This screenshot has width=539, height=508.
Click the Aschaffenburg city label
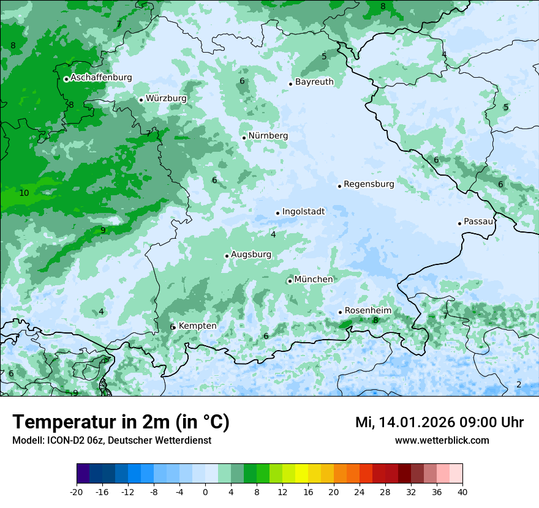point(101,78)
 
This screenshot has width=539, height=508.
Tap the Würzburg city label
point(166,98)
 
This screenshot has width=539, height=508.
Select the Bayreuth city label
point(314,82)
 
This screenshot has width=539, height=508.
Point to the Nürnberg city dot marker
point(244,138)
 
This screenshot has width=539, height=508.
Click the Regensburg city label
point(369,184)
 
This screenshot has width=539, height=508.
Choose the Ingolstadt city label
point(303,212)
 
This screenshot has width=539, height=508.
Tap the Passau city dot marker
point(459,223)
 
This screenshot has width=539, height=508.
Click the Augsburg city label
point(251,255)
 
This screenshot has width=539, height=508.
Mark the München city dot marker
point(290,282)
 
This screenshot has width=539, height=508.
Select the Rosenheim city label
point(368,311)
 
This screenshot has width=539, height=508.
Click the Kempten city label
point(197,326)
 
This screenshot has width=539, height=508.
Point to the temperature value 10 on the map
point(24,193)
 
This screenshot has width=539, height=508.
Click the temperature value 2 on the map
point(519,384)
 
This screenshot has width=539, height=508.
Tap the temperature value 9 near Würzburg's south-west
point(103,230)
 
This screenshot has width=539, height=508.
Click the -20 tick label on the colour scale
point(77,492)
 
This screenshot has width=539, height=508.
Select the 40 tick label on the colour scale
point(462,492)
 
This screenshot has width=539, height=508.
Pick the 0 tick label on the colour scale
point(205,492)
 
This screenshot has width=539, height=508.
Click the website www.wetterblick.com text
point(442,440)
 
